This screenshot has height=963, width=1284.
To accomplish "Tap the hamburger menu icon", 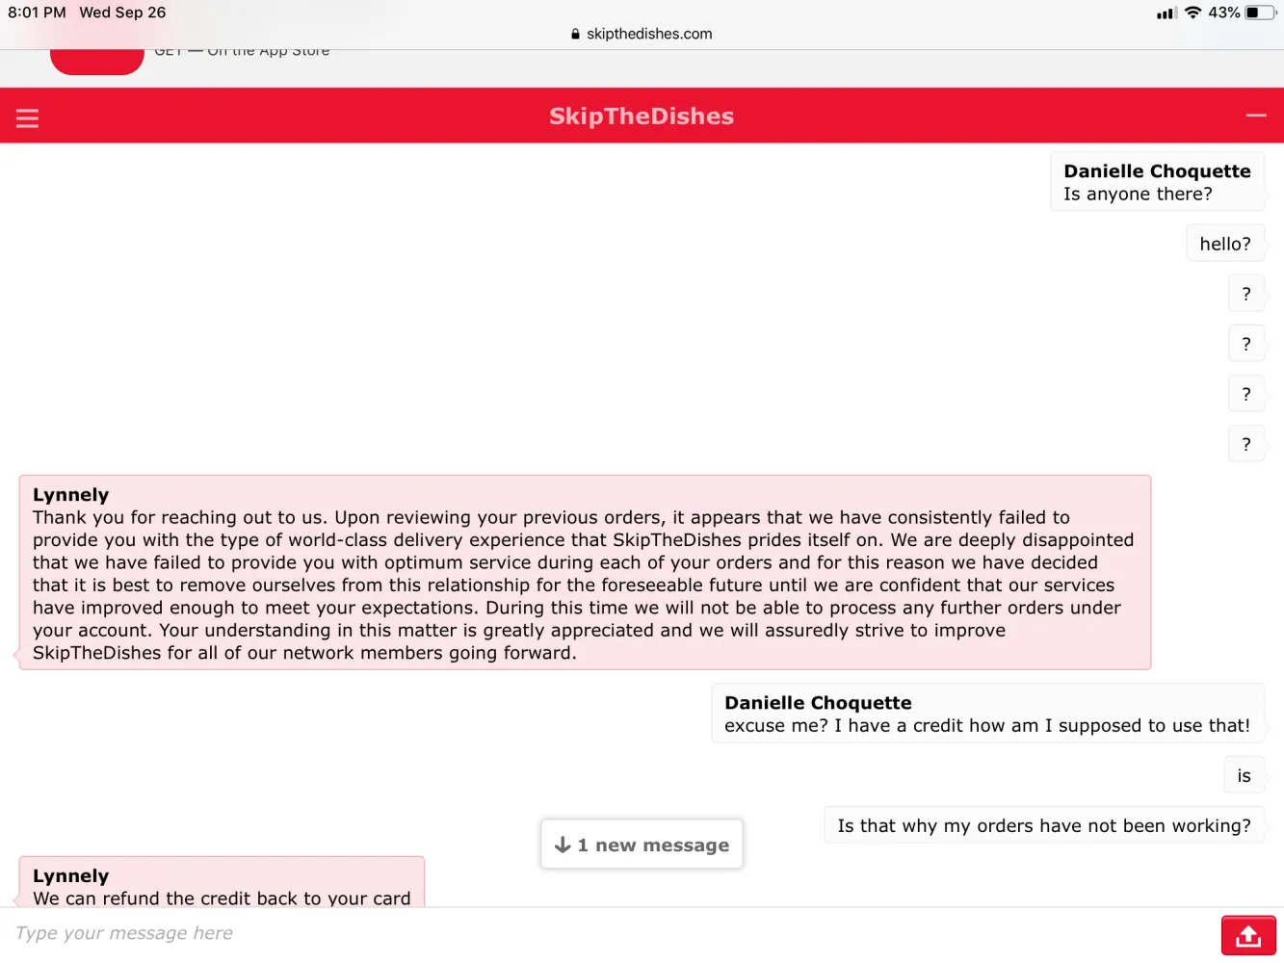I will tap(27, 117).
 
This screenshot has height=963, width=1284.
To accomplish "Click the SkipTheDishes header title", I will tap(642, 117).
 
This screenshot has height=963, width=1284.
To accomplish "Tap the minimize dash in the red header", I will tap(1256, 116).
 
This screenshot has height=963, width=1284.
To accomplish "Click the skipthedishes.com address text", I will tap(649, 34).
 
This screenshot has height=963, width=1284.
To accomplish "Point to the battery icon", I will tap(1259, 13).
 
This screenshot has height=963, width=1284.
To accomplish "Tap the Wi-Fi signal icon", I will tap(1193, 13).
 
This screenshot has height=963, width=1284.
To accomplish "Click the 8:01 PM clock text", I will tap(37, 13).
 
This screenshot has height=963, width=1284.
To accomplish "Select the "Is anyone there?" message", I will tap(1138, 195).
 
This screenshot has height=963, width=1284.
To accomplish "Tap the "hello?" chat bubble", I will tap(1224, 244).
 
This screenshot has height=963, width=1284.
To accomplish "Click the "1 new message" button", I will tap(642, 845).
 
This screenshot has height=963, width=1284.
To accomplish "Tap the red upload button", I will tap(1248, 935).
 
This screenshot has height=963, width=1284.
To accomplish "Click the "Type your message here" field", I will tap(578, 933).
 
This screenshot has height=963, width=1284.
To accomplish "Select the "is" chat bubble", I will tap(1244, 776).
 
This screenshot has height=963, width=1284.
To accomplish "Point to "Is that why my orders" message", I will tap(1044, 826).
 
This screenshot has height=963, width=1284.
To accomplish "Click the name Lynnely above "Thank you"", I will tap(71, 495).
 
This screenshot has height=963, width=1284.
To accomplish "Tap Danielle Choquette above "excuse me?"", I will tap(818, 703).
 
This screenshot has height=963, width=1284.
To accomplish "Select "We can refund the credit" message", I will tap(222, 898).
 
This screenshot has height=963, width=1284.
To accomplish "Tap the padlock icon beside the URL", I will tap(575, 34).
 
